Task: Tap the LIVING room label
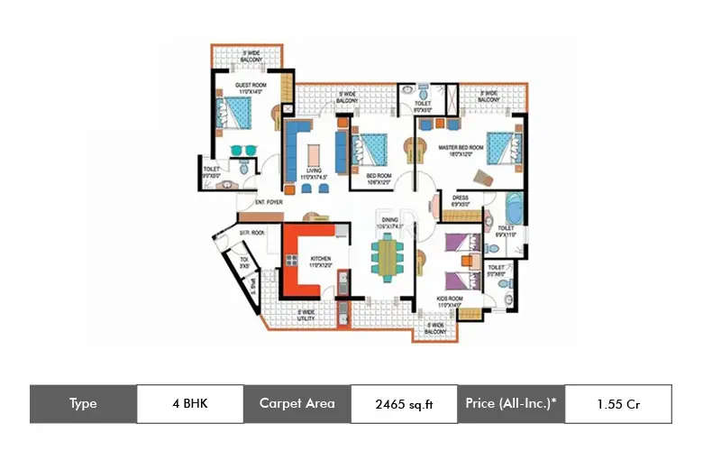(314, 174)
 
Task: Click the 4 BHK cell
(189, 403)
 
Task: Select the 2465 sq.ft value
(404, 404)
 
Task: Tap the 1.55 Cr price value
(617, 404)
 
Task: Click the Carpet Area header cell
(297, 403)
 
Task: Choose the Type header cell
(83, 403)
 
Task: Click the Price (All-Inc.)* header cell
(511, 403)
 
